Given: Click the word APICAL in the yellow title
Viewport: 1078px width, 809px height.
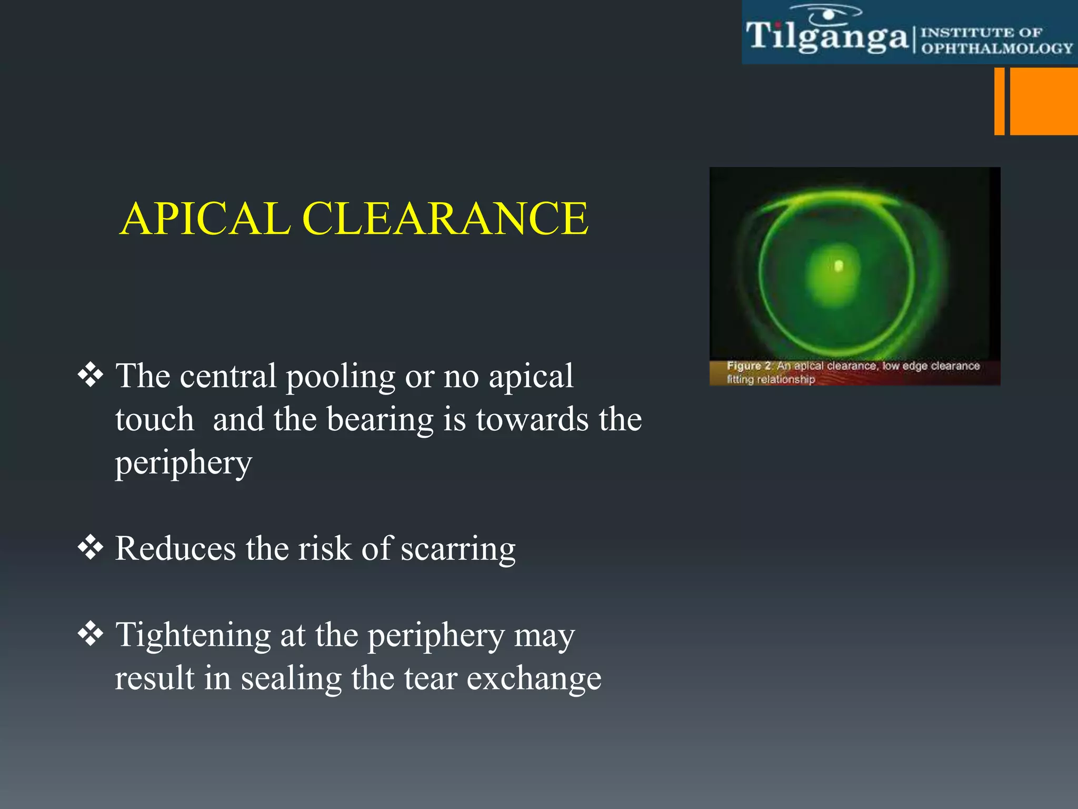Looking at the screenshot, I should coord(205,219).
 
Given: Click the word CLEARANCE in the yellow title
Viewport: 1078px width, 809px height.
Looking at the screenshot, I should coord(445,219).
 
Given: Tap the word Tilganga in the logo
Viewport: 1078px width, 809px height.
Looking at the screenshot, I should coord(826,37).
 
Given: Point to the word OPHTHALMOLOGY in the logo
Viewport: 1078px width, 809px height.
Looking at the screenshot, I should coord(996,48).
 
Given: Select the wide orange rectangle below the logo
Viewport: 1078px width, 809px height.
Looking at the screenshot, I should coord(1043,101).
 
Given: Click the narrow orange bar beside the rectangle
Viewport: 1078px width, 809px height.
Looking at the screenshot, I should coord(999,101).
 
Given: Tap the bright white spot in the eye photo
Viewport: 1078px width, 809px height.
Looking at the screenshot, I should coord(839,265).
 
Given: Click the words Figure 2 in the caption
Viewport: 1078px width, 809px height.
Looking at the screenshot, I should coord(749,366).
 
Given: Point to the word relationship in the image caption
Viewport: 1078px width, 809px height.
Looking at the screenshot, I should coord(786,379).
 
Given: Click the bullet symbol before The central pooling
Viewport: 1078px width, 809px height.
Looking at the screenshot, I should coord(91,375).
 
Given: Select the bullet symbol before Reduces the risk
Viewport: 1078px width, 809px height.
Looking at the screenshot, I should coord(91,547).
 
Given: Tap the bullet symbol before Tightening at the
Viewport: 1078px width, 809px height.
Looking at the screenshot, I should coord(91,634).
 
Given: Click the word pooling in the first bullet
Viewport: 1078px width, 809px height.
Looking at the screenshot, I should coord(340,377).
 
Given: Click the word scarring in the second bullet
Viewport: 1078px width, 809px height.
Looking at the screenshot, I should coord(458,549).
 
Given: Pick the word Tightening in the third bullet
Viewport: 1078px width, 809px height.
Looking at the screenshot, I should coord(193,636).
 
